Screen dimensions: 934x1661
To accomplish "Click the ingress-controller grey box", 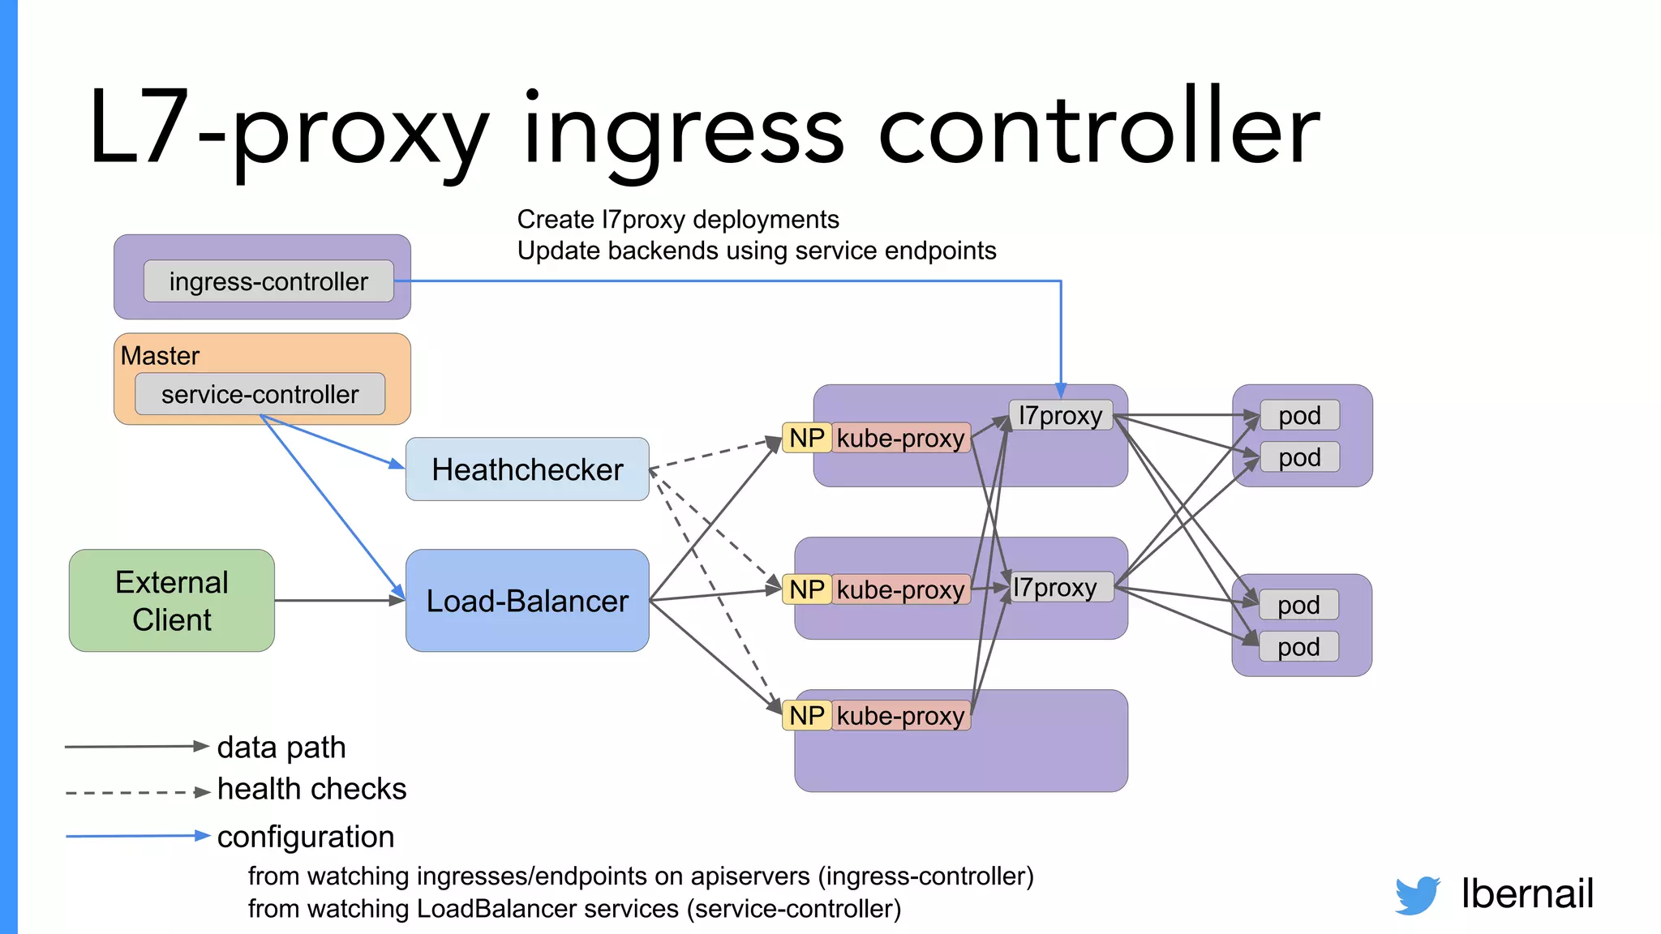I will coord(268,281).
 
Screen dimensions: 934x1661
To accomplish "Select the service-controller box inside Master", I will coord(260,394).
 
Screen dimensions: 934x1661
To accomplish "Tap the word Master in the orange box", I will coord(160,356).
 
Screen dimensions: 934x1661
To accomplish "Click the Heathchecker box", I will coord(527,469).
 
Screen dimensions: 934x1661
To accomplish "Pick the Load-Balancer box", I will coord(527,601).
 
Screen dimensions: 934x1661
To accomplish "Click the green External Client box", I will coord(172,601).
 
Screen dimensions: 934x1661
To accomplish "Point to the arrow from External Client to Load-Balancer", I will coord(339,601).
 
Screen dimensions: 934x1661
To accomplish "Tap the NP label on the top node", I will coord(807,438).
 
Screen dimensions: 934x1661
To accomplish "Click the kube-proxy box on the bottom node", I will coord(901,716).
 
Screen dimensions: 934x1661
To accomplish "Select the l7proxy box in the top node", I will coord(1061,415).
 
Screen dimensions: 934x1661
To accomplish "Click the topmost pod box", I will coord(1299,415).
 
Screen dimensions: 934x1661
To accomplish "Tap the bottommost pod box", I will coord(1298,647).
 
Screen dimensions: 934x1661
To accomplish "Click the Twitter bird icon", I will coord(1417,895).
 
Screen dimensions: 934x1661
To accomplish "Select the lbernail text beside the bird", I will coord(1527,893).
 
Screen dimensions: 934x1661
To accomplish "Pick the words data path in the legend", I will coord(281,747).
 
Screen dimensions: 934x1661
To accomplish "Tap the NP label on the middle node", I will coord(807,589).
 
